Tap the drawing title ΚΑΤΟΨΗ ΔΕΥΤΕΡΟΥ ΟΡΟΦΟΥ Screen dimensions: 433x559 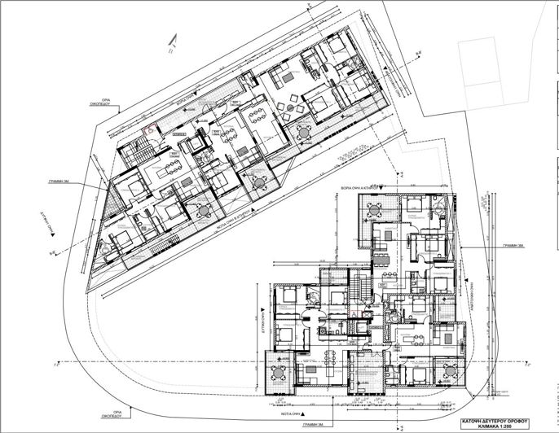pos(509,414)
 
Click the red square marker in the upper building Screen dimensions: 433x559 pos(148,127)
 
